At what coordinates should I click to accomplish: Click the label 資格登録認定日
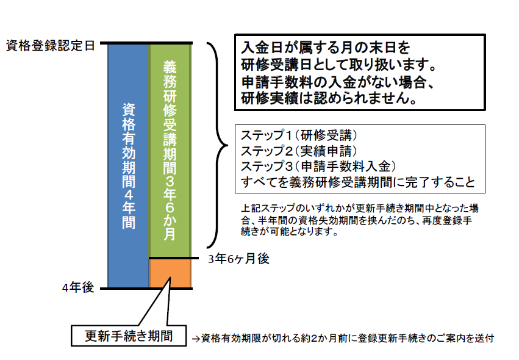pos(51,46)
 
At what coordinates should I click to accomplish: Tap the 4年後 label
pos(78,287)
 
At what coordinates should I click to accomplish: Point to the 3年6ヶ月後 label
pos(238,259)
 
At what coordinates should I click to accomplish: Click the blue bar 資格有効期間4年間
pos(129,165)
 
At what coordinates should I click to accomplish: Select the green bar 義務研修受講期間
pos(170,150)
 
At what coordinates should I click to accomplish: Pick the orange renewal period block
pos(170,273)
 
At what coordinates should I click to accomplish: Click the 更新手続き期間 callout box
pos(129,336)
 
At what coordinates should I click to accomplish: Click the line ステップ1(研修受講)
pos(299,135)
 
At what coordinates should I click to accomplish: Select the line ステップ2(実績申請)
pos(299,151)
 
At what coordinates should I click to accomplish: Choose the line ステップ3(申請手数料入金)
pos(318,166)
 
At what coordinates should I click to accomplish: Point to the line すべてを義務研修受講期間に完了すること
pos(358,182)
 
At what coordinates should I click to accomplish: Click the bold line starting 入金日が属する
pos(326,48)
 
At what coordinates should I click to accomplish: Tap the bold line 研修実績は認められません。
pos(329,98)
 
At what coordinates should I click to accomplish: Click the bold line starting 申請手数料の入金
pos(337,82)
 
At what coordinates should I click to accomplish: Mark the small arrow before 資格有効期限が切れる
pos(196,339)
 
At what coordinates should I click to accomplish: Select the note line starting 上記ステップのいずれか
pos(360,208)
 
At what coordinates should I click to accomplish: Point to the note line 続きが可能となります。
pos(290,231)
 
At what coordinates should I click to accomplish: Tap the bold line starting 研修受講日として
pos(338,65)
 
